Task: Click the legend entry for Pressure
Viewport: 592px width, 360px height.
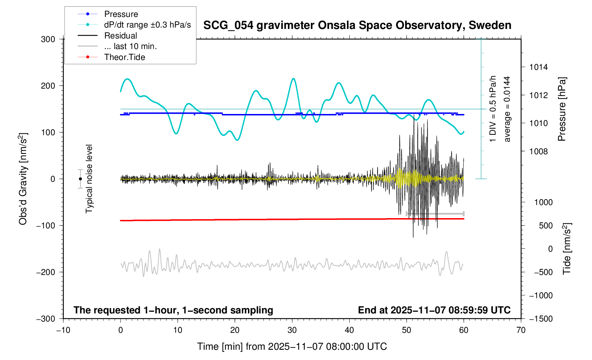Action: [x=121, y=14]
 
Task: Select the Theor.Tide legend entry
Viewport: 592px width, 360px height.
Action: [x=124, y=57]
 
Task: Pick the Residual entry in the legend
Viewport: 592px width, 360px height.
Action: [x=120, y=36]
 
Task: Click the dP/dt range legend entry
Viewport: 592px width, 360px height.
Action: [x=147, y=25]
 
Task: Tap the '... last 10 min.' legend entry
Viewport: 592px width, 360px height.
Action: [x=130, y=46]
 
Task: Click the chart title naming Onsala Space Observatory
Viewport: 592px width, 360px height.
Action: [x=357, y=25]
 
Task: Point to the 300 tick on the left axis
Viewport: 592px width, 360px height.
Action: [x=48, y=39]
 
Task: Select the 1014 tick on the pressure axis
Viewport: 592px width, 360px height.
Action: [x=539, y=67]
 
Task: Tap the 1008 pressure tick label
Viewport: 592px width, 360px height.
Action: [x=539, y=151]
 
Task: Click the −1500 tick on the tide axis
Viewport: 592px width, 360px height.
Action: [x=541, y=319]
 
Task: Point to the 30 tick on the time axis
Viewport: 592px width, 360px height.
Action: [x=292, y=330]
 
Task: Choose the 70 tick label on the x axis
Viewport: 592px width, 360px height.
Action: [x=521, y=330]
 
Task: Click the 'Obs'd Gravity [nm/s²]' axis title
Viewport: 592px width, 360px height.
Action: [x=23, y=179]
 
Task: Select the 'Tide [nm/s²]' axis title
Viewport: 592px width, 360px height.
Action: [x=567, y=248]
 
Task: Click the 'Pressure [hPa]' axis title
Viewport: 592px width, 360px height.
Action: [x=562, y=109]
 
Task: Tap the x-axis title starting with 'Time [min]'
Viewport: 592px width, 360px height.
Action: [x=292, y=347]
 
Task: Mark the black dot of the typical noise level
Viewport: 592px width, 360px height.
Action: [x=81, y=179]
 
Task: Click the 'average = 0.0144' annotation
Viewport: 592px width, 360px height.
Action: [x=507, y=109]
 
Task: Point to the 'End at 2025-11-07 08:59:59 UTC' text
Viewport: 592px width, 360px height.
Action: [x=434, y=310]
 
